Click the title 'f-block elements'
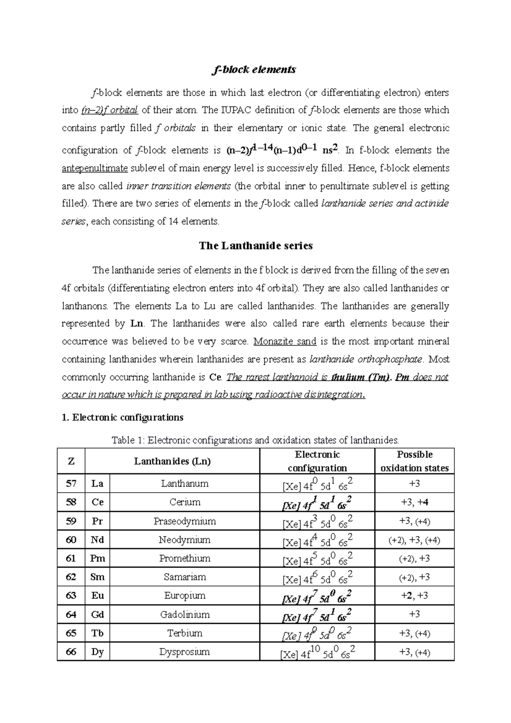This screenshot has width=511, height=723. tap(254, 69)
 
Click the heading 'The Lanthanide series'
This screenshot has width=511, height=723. tap(256, 246)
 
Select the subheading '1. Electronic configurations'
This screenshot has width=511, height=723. tap(123, 417)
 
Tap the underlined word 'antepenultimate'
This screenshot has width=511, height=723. tap(95, 168)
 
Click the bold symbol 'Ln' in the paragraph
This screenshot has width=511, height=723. tap(136, 323)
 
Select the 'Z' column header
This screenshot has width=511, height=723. tap(71, 461)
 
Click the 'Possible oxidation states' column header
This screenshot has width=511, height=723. tap(414, 461)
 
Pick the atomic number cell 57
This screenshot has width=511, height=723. tap(71, 484)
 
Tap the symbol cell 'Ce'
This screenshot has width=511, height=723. tap(98, 502)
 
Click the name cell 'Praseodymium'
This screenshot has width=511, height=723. tap(184, 521)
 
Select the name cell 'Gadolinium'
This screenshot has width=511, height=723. tap(184, 614)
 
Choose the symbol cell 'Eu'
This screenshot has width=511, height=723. tap(98, 596)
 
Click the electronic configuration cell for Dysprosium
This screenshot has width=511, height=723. tap(317, 652)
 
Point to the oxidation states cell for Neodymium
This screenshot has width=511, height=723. tap(414, 540)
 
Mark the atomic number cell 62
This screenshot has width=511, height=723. tap(71, 577)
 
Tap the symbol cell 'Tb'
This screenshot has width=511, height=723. tap(98, 633)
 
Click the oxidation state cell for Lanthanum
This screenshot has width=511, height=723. tap(414, 484)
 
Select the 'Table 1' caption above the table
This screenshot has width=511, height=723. tap(255, 440)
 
